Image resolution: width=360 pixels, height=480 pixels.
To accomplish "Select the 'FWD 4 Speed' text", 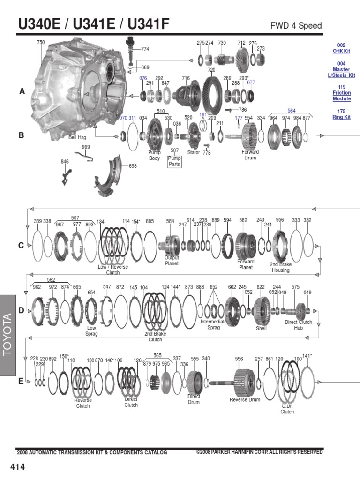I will [x=296, y=25].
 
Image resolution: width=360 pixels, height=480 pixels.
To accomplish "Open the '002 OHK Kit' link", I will [x=341, y=48].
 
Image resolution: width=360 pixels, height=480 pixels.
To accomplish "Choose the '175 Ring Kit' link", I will [x=341, y=114].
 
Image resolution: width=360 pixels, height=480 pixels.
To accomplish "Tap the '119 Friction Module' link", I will [x=342, y=93].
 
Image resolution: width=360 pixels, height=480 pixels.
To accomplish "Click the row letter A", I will [x=22, y=92].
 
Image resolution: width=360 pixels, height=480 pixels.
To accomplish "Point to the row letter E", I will [x=21, y=381].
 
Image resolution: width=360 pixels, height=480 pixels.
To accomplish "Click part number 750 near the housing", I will [x=41, y=43].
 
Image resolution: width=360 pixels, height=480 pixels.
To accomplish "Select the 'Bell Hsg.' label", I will [x=78, y=137].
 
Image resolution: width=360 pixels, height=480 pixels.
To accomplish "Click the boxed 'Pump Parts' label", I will [x=174, y=161].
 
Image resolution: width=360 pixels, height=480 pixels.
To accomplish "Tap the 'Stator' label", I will [x=193, y=152].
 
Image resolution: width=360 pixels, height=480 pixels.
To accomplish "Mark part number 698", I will [x=133, y=166].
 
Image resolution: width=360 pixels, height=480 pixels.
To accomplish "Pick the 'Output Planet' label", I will [x=172, y=261].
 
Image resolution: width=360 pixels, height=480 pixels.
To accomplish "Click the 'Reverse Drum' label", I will [x=245, y=400].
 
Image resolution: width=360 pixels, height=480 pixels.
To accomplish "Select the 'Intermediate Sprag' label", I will [x=214, y=325].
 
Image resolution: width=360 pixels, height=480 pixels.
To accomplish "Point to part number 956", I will [x=280, y=219].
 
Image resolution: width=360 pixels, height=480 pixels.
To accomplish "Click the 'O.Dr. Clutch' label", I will [x=287, y=409].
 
